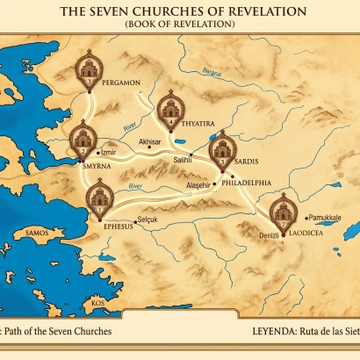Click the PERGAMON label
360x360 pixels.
120,82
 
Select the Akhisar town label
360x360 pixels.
150,140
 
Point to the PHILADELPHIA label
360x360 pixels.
246,183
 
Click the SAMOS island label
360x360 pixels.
37,234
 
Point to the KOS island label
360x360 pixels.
97,303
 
